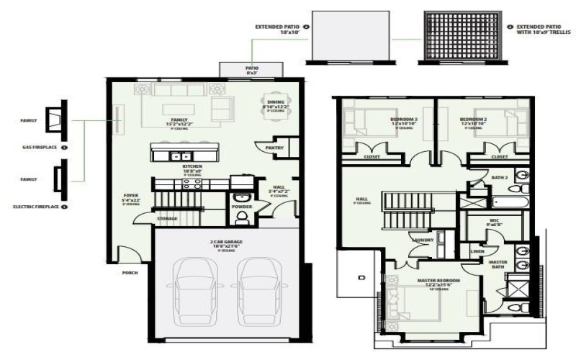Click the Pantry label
(274, 148)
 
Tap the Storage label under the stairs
(167, 219)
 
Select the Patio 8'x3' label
(252, 69)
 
